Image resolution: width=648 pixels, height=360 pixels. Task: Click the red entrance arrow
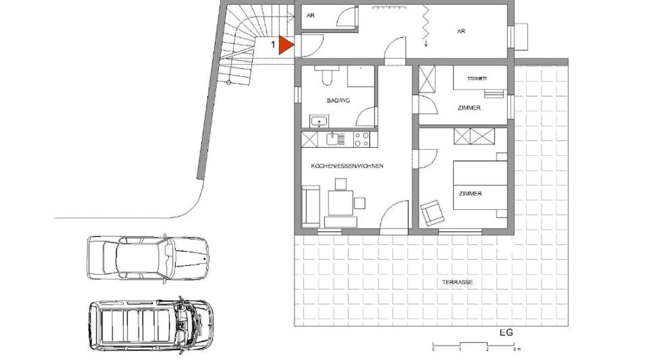point(286,45)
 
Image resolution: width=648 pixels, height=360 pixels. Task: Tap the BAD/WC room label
point(338,100)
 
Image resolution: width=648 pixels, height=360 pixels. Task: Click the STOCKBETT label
point(477,78)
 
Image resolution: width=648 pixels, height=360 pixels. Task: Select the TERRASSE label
point(457,282)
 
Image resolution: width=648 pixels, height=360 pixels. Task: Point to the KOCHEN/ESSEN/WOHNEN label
point(347,166)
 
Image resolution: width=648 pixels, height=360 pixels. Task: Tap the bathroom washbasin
point(319,121)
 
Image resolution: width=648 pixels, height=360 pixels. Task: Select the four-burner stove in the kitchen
point(361,140)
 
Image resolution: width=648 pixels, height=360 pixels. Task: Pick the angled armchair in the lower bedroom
point(432,213)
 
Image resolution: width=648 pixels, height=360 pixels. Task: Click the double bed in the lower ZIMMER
point(480,185)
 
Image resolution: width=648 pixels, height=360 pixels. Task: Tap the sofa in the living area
point(311,206)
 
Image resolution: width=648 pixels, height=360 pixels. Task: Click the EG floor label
point(506,333)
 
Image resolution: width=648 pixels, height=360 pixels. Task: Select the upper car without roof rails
point(148,258)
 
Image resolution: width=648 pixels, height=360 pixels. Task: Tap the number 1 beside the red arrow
point(273,45)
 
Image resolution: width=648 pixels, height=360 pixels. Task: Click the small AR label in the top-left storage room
point(310,15)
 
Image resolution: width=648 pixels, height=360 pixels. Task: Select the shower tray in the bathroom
point(361,76)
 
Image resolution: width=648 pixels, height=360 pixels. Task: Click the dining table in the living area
point(340,203)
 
